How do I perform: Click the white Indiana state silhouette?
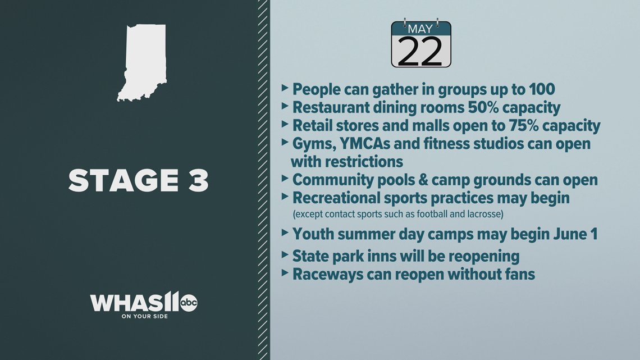(143, 61)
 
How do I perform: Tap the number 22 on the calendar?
(420, 52)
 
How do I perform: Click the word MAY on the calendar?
(420, 29)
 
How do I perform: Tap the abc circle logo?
(189, 303)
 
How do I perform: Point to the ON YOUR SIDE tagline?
(144, 316)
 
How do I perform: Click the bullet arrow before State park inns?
(285, 254)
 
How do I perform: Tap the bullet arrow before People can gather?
(285, 88)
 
